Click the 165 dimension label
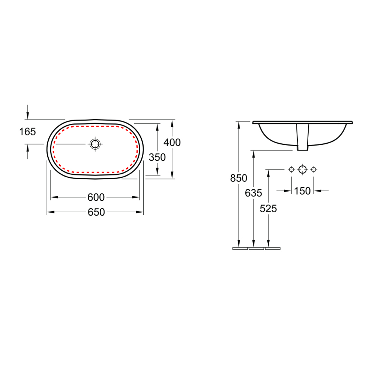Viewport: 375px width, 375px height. pyautogui.click(x=27, y=132)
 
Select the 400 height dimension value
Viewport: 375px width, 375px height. pyautogui.click(x=172, y=142)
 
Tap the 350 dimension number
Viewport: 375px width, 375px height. pyautogui.click(x=157, y=157)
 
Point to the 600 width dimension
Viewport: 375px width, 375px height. pyautogui.click(x=96, y=197)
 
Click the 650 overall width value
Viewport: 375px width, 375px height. pyautogui.click(x=96, y=212)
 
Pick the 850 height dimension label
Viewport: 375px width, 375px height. pyautogui.click(x=238, y=178)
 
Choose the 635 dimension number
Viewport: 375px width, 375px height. pyautogui.click(x=253, y=193)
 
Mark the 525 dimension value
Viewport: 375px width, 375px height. pyautogui.click(x=268, y=209)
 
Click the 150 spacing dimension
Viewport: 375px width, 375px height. pyautogui.click(x=302, y=191)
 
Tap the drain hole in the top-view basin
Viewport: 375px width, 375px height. pyautogui.click(x=95, y=144)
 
